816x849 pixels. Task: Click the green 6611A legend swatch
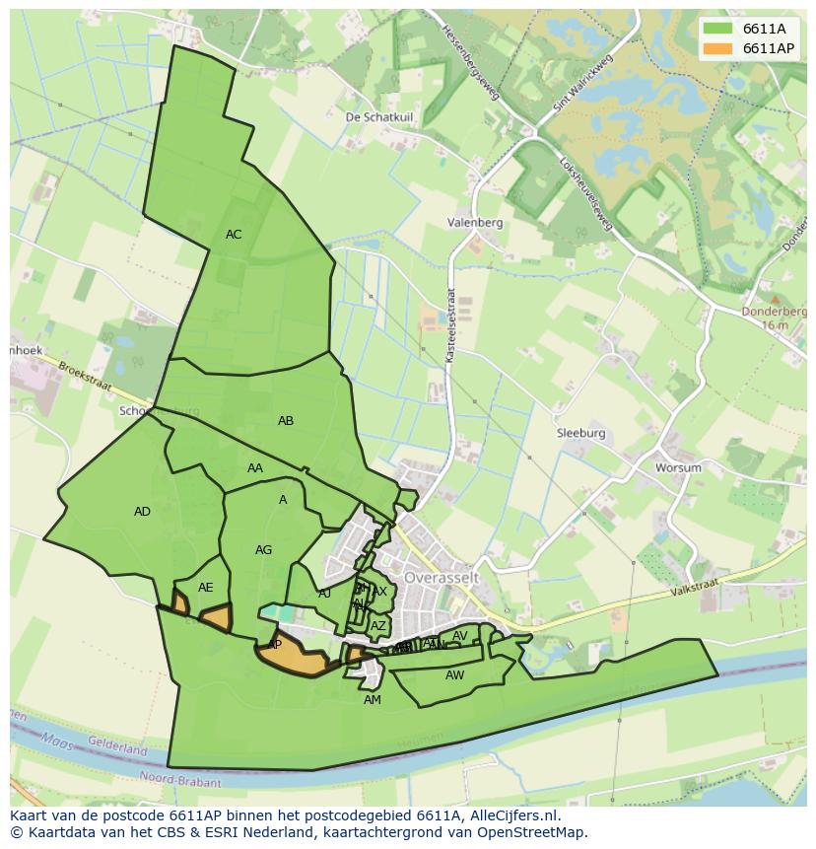718,29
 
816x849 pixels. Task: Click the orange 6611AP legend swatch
718,48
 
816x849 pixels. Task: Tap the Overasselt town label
441,576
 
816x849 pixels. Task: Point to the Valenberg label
474,223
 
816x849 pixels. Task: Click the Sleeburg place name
581,433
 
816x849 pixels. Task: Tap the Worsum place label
678,467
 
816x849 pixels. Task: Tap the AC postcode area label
234,235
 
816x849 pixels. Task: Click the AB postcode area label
286,421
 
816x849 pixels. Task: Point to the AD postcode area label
143,512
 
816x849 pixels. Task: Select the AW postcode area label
454,675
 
